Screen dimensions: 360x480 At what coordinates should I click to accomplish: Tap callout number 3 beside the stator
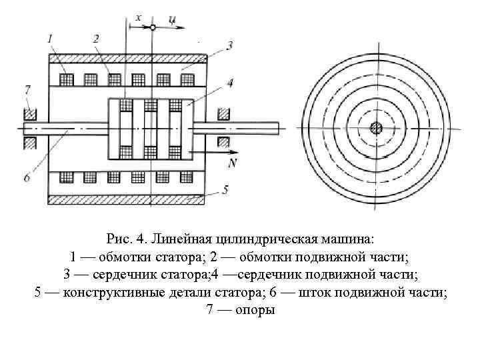(x=229, y=45)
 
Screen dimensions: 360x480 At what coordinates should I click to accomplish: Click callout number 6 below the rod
(x=27, y=177)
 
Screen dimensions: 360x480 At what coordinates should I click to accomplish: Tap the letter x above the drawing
(x=139, y=18)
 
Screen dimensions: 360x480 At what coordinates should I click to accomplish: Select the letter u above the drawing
(x=172, y=19)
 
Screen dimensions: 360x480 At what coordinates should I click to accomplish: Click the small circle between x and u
(x=153, y=27)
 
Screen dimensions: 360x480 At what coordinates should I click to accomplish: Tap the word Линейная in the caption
(x=177, y=238)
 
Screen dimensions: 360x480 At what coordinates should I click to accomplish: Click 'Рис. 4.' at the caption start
(x=127, y=238)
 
